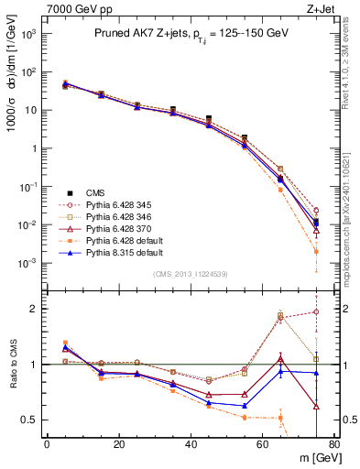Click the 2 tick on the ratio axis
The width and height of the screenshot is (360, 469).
[x=34, y=309]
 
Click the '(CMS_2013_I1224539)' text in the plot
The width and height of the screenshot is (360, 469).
[x=190, y=274]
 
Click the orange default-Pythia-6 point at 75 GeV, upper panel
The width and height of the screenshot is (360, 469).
[x=315, y=251]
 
